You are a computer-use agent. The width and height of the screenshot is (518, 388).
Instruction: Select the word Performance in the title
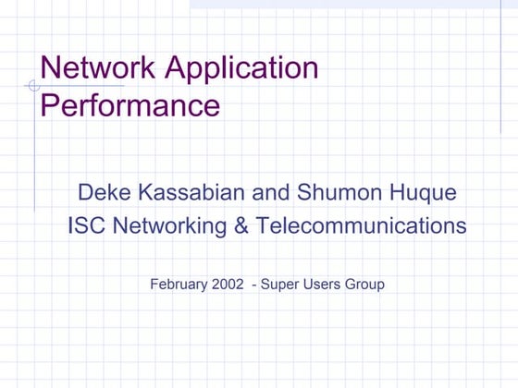130,103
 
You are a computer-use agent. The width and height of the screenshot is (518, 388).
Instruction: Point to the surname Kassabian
190,193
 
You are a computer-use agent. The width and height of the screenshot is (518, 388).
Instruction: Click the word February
179,284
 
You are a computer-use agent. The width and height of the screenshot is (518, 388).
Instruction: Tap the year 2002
228,284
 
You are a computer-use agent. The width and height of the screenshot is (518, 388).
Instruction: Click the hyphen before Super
254,284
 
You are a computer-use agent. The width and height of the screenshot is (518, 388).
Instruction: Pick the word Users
319,284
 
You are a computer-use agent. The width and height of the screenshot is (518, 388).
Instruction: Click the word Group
364,285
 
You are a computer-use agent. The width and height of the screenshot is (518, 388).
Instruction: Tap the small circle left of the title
34,86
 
